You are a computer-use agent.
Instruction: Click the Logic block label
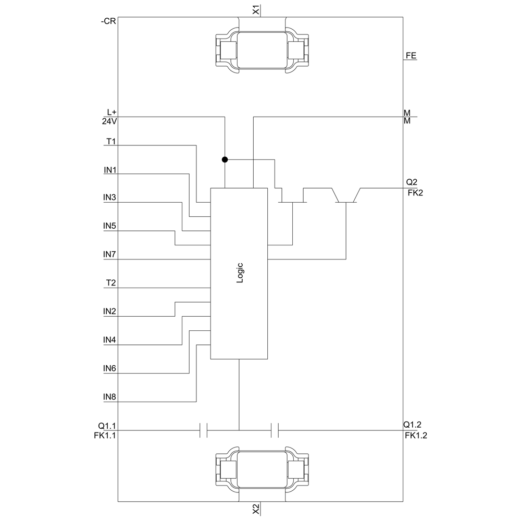tap(240, 273)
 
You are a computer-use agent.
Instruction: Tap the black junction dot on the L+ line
tap(225, 159)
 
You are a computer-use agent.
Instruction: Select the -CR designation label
tap(108, 21)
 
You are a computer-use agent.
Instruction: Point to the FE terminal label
tap(411, 56)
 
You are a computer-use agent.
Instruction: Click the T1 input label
tap(111, 142)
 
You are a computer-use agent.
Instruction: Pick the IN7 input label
tap(109, 254)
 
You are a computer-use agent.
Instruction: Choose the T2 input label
tap(111, 283)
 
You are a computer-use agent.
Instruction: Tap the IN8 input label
tap(109, 396)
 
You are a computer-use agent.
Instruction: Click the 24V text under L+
tap(109, 121)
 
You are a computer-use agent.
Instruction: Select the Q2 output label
tap(412, 182)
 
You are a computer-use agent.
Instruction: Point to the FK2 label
tap(415, 193)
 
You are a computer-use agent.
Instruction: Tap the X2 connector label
tap(256, 510)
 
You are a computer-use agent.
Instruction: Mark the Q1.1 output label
tap(107, 426)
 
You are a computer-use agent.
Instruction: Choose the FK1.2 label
tap(416, 435)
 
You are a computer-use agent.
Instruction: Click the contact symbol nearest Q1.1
tap(203, 430)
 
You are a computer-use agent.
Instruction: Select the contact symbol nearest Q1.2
tap(275, 430)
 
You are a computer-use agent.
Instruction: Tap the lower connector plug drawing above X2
tap(262, 470)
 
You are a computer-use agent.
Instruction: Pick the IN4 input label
tap(109, 340)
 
